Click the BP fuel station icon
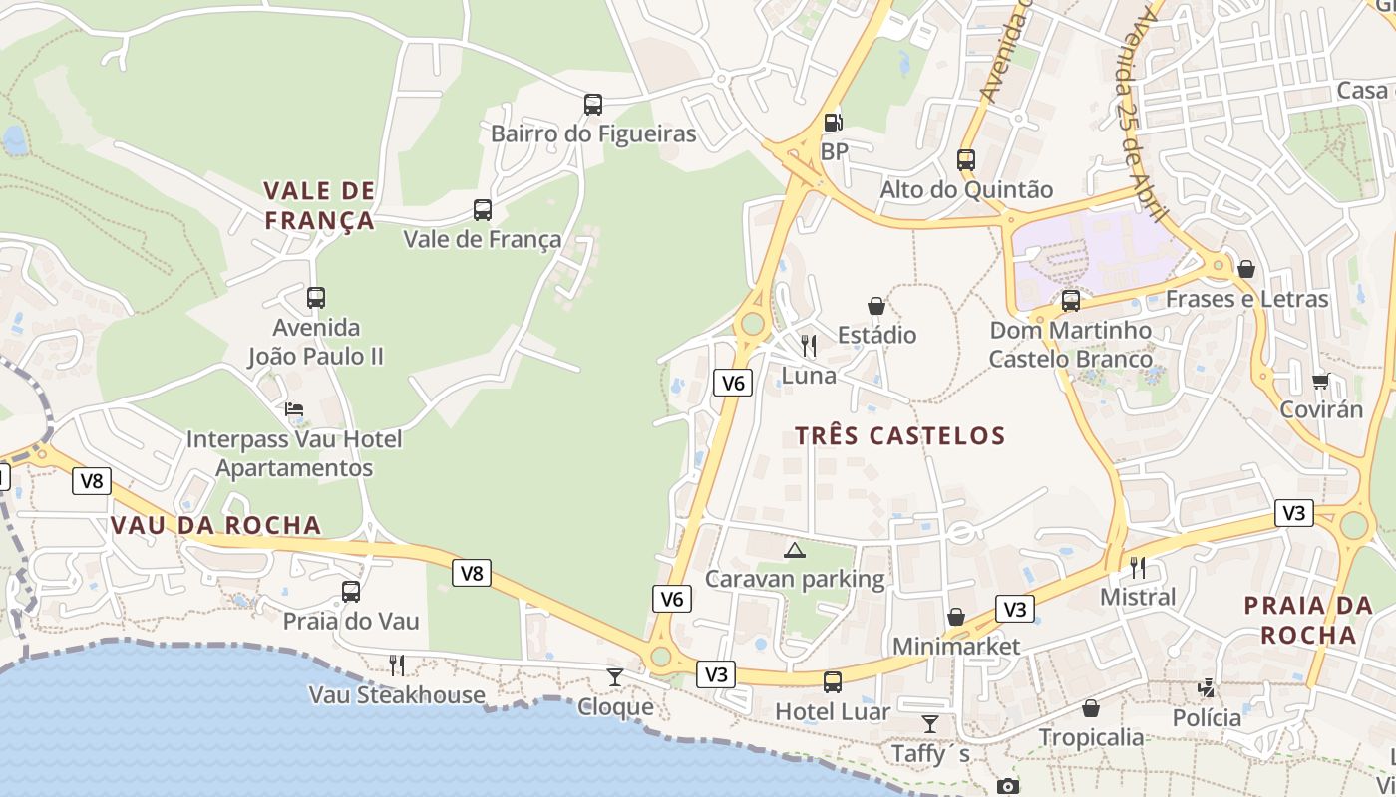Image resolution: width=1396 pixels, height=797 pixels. (833, 123)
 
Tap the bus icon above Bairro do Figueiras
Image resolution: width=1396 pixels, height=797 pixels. (593, 104)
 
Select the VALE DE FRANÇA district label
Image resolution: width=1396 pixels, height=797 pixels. (319, 205)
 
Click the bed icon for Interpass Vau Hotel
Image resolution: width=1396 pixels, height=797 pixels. (294, 409)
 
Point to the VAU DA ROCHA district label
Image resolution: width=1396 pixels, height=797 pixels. (216, 525)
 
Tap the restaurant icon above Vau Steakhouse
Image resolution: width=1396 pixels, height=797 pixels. (397, 664)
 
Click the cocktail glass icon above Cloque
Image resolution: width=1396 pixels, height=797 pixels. (615, 677)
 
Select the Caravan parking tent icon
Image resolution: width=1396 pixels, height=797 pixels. (794, 550)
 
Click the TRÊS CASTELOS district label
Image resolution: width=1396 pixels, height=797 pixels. (900, 435)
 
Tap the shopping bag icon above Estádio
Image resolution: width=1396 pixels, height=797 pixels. (876, 305)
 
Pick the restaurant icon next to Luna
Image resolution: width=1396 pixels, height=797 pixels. (809, 346)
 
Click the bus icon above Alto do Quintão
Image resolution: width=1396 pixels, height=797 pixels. (965, 159)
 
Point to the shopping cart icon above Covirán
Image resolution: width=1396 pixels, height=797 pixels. (1321, 381)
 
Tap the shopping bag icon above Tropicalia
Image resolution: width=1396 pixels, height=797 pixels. (1091, 708)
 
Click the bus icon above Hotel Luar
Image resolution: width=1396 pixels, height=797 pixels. (833, 682)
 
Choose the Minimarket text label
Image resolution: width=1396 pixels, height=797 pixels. (956, 647)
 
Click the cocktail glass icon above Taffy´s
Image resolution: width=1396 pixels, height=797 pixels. (930, 724)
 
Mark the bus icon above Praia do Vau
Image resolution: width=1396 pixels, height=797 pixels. (351, 592)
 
